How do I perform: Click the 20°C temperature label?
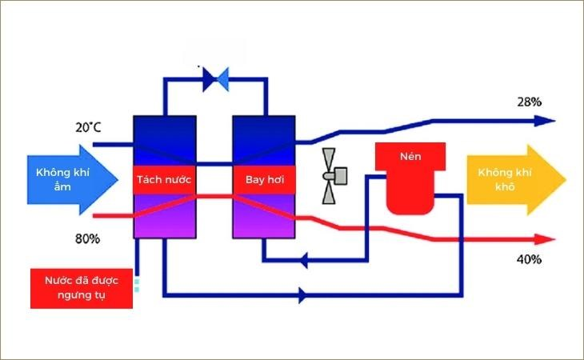[x=88, y=127]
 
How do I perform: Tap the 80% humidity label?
[x=87, y=238]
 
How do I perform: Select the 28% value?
[x=530, y=102]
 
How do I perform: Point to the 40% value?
[x=530, y=259]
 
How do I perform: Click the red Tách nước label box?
[x=164, y=180]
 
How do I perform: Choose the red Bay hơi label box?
[x=264, y=180]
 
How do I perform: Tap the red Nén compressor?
[x=410, y=178]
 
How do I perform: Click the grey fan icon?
[x=334, y=176]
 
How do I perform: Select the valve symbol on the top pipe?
[x=216, y=79]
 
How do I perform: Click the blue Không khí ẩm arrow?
[x=73, y=180]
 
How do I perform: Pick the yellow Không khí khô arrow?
[x=517, y=180]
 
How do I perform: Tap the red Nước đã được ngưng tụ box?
[x=81, y=288]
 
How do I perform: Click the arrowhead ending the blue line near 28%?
[x=545, y=121]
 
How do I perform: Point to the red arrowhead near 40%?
[x=545, y=239]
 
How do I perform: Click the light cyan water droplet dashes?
[x=137, y=285]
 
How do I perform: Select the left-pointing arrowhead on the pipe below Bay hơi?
[x=303, y=259]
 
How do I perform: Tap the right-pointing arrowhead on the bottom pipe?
[x=303, y=295]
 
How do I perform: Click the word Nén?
[x=410, y=156]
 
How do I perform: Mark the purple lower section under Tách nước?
[x=165, y=216]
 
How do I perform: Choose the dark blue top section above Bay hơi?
[x=264, y=140]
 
